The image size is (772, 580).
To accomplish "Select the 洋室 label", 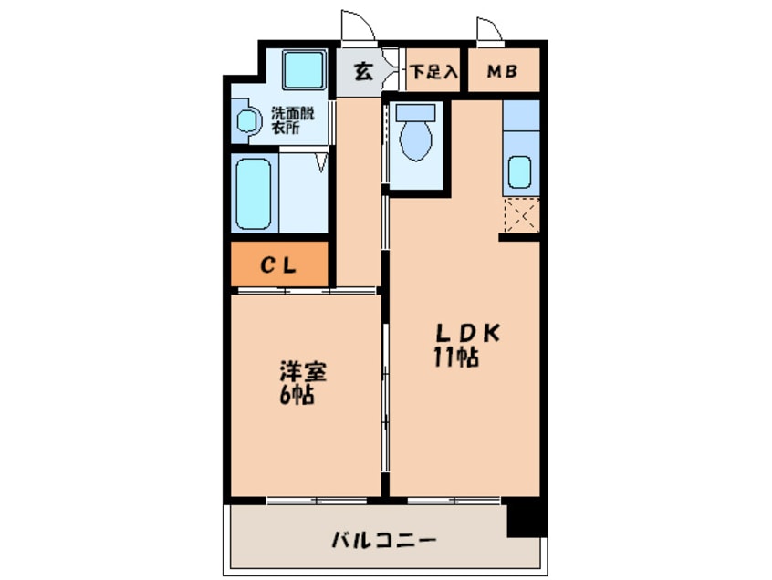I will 303,373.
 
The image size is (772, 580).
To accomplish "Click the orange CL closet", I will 278,265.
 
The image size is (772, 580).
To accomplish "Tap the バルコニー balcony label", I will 383,541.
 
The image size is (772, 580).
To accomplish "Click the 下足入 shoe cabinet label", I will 432,72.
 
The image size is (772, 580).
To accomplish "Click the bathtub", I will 254,195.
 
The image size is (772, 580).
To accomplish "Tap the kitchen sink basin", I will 519,171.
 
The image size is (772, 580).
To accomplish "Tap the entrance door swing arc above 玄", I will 358,26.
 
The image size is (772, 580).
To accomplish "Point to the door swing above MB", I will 489,29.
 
